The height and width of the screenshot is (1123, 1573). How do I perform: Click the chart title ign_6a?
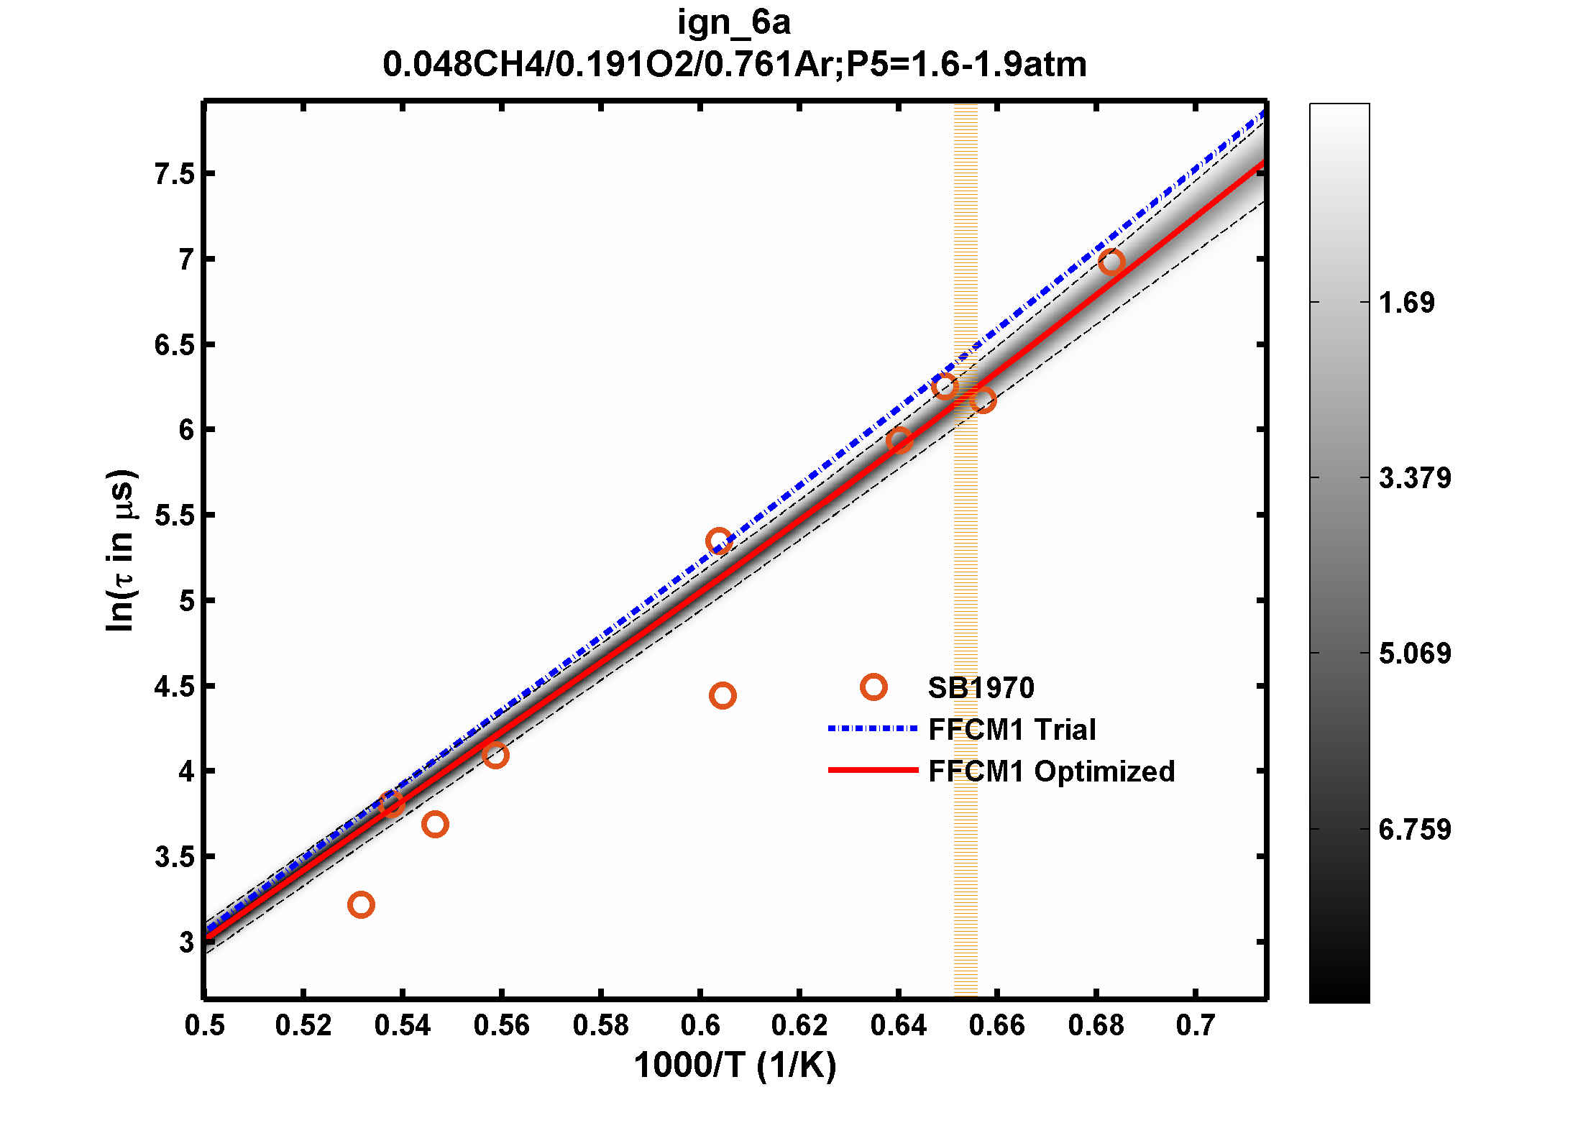734,23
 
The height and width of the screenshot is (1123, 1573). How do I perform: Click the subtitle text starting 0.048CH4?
734,65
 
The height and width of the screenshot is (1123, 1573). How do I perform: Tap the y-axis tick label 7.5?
175,174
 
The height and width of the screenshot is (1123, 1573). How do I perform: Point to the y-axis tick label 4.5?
175,687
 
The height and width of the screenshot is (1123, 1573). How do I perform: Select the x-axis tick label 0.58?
600,1025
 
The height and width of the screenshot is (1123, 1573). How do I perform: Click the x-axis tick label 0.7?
1195,1025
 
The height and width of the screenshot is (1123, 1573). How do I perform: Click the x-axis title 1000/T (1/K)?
735,1065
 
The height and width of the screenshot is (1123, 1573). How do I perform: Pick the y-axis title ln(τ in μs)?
120,551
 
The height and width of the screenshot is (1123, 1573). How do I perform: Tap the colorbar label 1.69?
1406,303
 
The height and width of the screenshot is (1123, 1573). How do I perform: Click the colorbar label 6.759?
1414,830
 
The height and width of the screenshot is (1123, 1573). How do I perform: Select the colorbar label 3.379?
1414,478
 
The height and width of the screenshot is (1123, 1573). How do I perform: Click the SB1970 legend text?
981,688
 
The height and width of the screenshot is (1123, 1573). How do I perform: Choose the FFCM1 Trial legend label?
1012,730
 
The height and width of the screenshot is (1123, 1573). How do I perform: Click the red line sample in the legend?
873,770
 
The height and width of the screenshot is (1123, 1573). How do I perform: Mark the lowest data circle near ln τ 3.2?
361,904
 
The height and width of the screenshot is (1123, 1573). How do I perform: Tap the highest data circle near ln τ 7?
1111,262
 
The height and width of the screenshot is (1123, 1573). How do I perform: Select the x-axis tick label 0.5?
205,1025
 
